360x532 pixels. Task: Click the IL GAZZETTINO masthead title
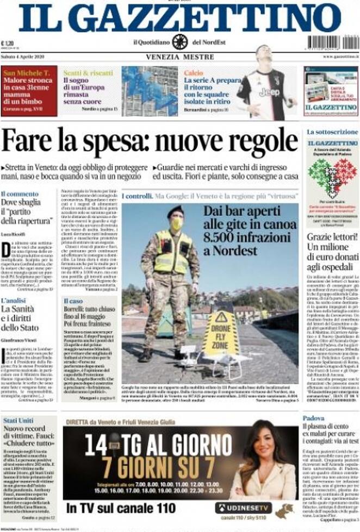pos(180,18)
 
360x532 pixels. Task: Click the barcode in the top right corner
pos(332,42)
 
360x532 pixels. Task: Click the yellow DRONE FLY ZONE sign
pos(221,334)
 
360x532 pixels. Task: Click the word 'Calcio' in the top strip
pos(194,72)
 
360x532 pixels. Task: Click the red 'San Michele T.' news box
pos(29,90)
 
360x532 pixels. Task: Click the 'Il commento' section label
pos(20,193)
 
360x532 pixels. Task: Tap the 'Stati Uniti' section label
pos(17,420)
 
